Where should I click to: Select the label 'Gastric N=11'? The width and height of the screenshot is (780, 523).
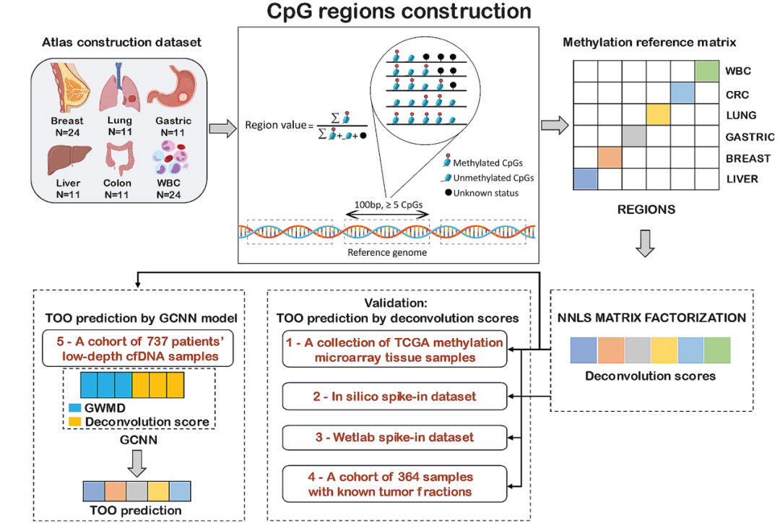pos(173,126)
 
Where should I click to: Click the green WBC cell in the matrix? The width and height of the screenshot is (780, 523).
pos(707,72)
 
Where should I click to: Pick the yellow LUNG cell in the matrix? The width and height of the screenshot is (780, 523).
pos(659,115)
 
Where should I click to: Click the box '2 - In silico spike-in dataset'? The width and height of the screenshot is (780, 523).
pos(394,397)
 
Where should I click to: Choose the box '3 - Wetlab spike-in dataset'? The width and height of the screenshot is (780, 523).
pos(394,437)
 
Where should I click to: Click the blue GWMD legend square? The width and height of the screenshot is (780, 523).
pos(76,407)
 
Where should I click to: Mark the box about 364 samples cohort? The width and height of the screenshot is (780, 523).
pos(394,484)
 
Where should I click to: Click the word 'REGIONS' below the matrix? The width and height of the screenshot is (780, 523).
pos(646,210)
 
